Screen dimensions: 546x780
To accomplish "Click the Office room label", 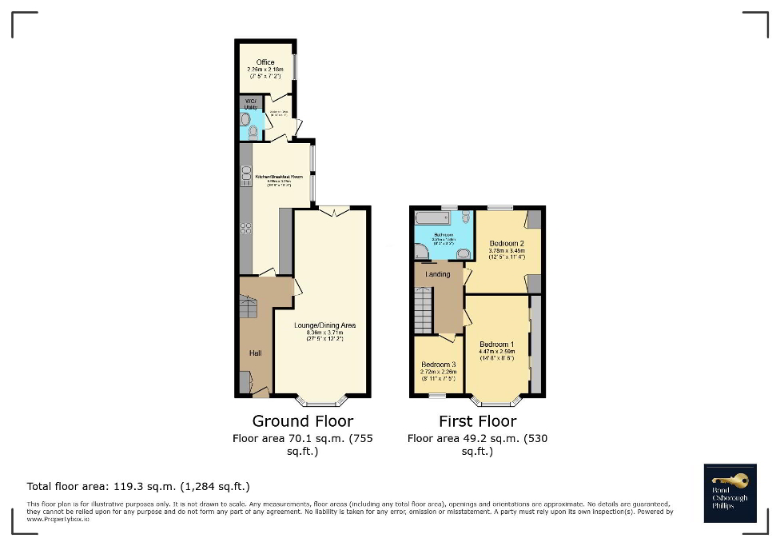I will pyautogui.click(x=265, y=62).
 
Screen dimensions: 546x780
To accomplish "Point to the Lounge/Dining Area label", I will pyautogui.click(x=324, y=325).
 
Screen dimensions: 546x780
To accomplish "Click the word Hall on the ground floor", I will pyautogui.click(x=254, y=353).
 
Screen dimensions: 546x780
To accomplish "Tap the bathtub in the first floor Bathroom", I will pyautogui.click(x=432, y=218).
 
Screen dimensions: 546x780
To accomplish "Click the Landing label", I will pyautogui.click(x=438, y=274).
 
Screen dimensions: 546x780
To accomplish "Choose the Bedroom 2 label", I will pyautogui.click(x=507, y=243).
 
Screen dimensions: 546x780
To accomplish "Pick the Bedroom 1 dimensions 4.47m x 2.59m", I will pyautogui.click(x=497, y=352).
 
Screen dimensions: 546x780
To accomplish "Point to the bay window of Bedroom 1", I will pyautogui.click(x=496, y=401).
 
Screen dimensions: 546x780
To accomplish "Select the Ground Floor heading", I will pyautogui.click(x=302, y=421).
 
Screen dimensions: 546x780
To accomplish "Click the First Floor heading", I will pyautogui.click(x=477, y=421).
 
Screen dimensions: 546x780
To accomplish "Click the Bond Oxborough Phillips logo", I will pyautogui.click(x=730, y=491).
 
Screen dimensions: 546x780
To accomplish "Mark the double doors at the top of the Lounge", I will pyautogui.click(x=333, y=210).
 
